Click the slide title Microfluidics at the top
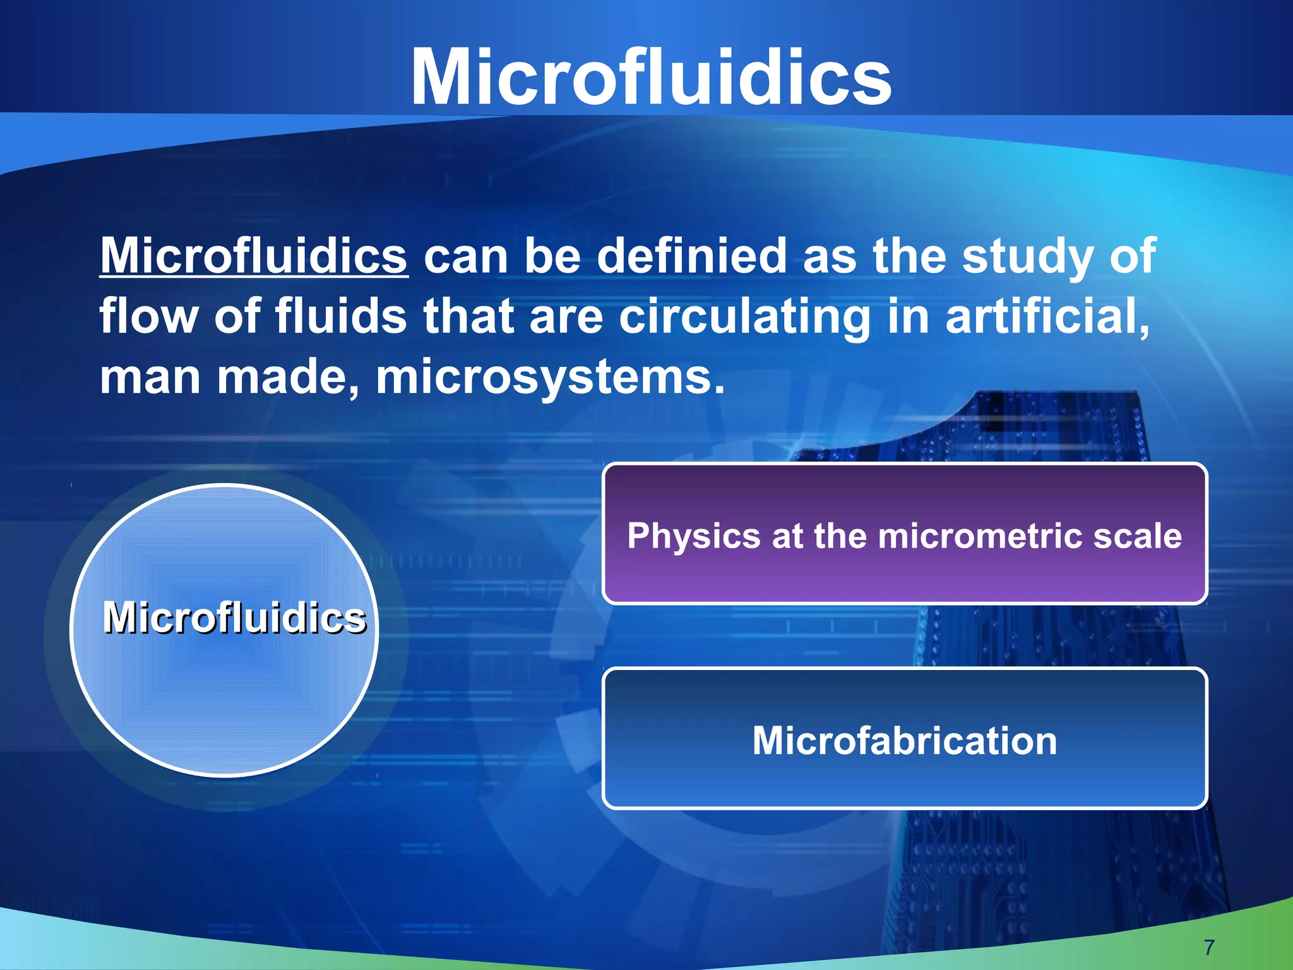(x=650, y=77)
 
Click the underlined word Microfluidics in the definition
(x=254, y=256)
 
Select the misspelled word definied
(x=691, y=256)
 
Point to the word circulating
(x=744, y=316)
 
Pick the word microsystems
(x=549, y=377)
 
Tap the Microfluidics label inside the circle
(x=234, y=617)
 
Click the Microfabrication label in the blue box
(x=904, y=740)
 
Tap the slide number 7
(x=1209, y=947)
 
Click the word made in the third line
(x=288, y=377)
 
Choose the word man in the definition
(x=150, y=378)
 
